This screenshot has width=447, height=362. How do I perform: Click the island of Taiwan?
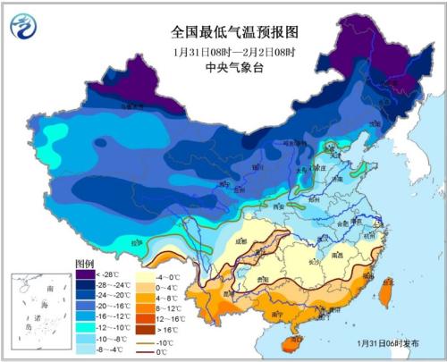pos(390,291)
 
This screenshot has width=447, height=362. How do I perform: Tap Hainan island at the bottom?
pos(288,341)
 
